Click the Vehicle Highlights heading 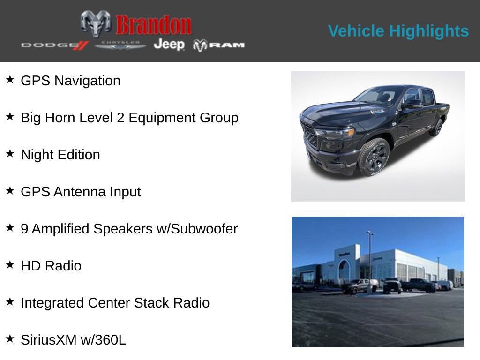(398, 31)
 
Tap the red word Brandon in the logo (154, 25)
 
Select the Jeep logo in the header (169, 44)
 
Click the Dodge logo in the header (54, 45)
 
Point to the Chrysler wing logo (120, 45)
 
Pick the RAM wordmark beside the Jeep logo (219, 45)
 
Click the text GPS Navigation (70, 81)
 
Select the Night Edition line (60, 155)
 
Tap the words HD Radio (51, 266)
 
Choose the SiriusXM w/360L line (73, 340)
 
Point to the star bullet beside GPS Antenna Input (10, 190)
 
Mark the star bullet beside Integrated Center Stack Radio (10, 301)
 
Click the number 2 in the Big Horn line (120, 118)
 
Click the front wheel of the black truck (374, 157)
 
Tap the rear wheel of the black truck (437, 127)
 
